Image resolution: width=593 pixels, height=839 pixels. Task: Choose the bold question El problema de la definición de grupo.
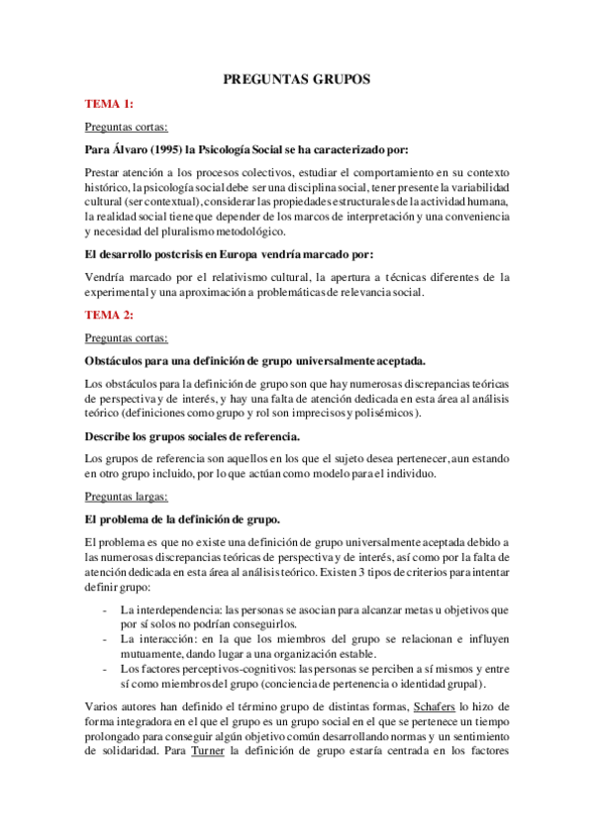point(182,519)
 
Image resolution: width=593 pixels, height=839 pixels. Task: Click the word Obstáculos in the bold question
point(117,361)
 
